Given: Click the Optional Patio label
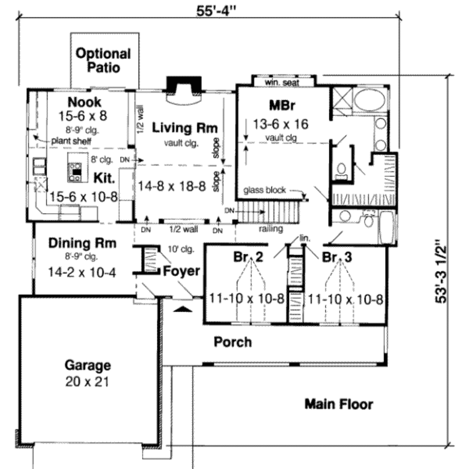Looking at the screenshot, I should click(x=103, y=60).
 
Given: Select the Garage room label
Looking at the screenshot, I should click(x=87, y=365).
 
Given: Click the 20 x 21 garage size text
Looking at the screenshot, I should click(x=87, y=381).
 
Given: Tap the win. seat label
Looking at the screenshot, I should click(x=282, y=83).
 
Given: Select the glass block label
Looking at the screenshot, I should click(x=264, y=190).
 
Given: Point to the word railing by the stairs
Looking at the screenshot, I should click(x=271, y=229).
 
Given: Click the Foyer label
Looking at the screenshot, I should click(x=182, y=271).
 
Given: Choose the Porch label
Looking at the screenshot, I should click(x=233, y=342).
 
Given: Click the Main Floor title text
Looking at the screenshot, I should click(x=338, y=404).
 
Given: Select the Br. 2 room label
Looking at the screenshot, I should click(x=248, y=257).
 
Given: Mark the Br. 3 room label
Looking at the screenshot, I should click(x=337, y=257).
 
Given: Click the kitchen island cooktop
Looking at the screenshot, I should click(x=75, y=171).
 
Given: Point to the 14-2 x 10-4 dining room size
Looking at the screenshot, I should click(x=82, y=273).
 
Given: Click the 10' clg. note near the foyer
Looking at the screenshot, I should click(x=182, y=250).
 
